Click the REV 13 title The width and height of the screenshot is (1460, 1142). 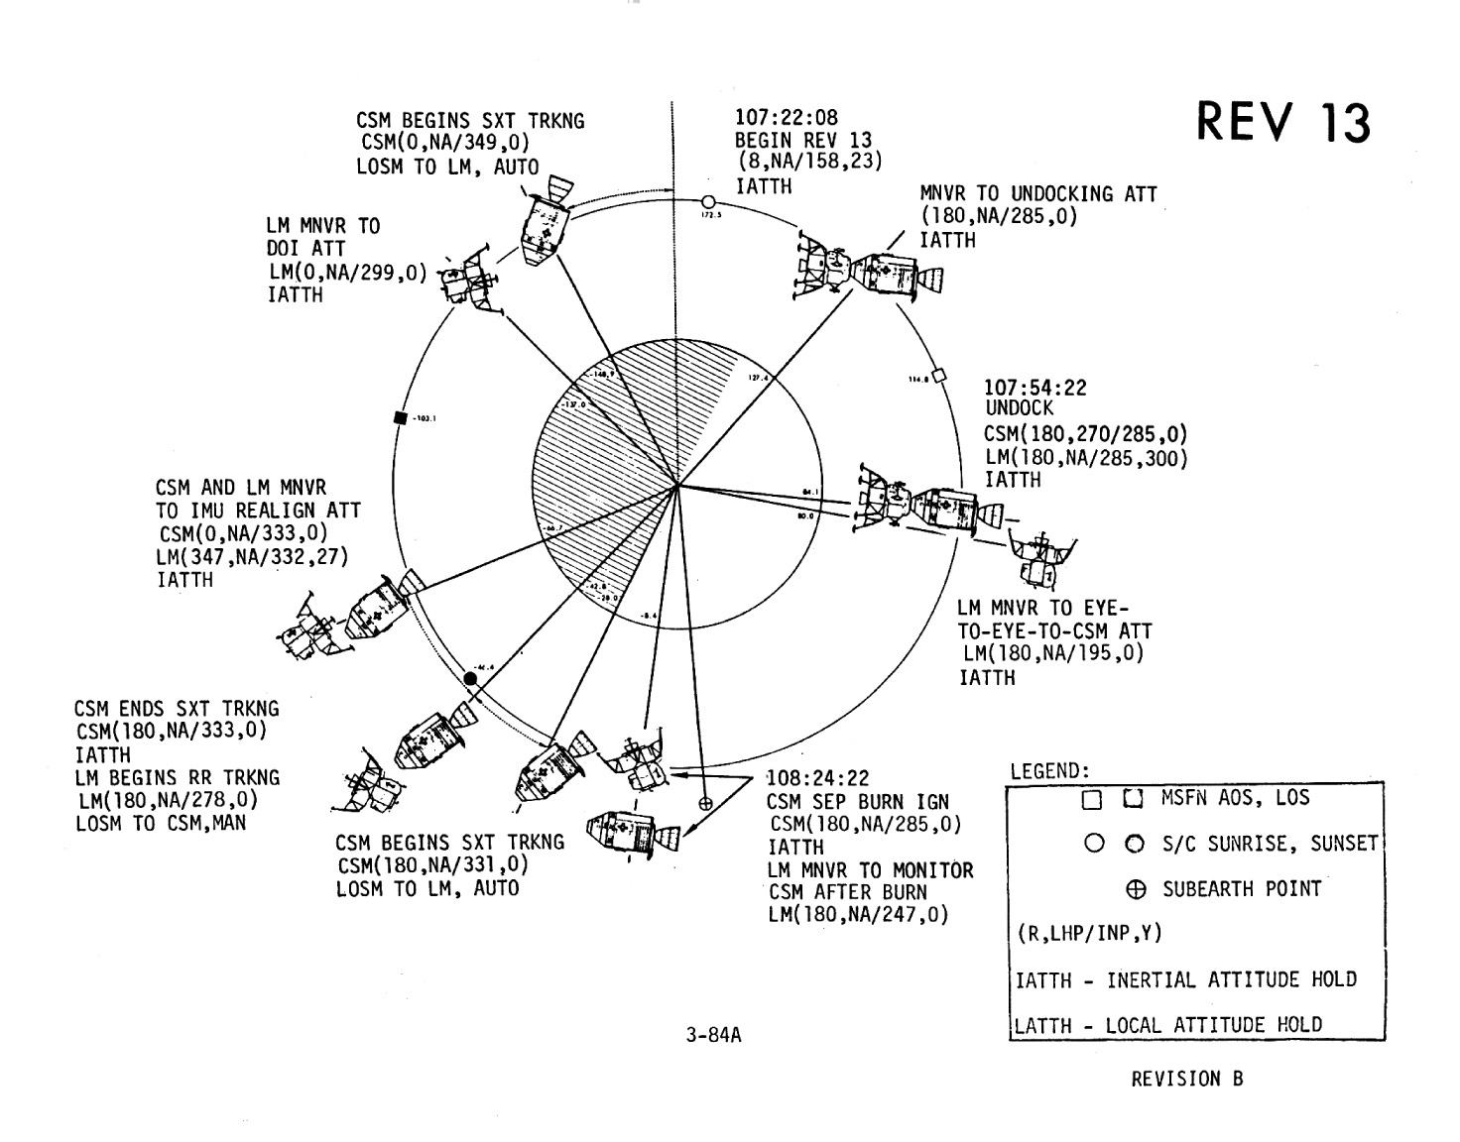tap(1283, 124)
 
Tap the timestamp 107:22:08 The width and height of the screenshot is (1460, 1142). tap(786, 118)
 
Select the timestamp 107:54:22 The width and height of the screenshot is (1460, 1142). tap(1034, 388)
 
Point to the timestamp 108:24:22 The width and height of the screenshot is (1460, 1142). tap(817, 779)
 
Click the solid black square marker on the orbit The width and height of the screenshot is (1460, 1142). tap(401, 417)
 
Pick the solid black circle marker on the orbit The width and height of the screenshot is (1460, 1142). tap(471, 678)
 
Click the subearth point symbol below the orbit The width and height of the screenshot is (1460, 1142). tap(706, 804)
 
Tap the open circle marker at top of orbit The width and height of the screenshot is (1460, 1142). tap(708, 201)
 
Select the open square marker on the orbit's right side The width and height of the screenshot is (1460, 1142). tap(940, 375)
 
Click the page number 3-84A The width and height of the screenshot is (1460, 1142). tap(713, 1036)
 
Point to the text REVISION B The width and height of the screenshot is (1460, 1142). tap(1186, 1079)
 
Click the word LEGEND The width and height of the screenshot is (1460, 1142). tap(1049, 771)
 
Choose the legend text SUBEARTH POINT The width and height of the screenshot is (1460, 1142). tap(1242, 889)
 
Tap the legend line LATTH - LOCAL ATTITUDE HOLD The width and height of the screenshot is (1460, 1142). tap(1168, 1025)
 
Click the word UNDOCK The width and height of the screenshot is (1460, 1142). tap(1019, 408)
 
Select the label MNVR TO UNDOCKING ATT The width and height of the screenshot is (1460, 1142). tap(1038, 194)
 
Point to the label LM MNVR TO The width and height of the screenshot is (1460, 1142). tap(322, 226)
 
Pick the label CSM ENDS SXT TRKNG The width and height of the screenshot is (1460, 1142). tap(177, 710)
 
